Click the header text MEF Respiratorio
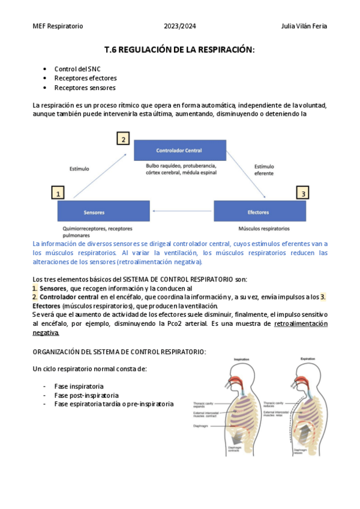(58, 26)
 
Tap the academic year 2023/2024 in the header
(179, 26)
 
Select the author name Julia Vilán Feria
(304, 26)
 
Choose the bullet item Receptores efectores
(85, 78)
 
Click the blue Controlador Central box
(179, 150)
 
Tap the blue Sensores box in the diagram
(94, 212)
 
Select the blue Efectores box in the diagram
(259, 212)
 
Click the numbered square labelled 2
(123, 139)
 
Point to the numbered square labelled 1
(58, 193)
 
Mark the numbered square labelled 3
(304, 193)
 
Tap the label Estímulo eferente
(264, 169)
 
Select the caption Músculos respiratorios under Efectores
(264, 229)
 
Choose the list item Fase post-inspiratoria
(86, 395)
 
